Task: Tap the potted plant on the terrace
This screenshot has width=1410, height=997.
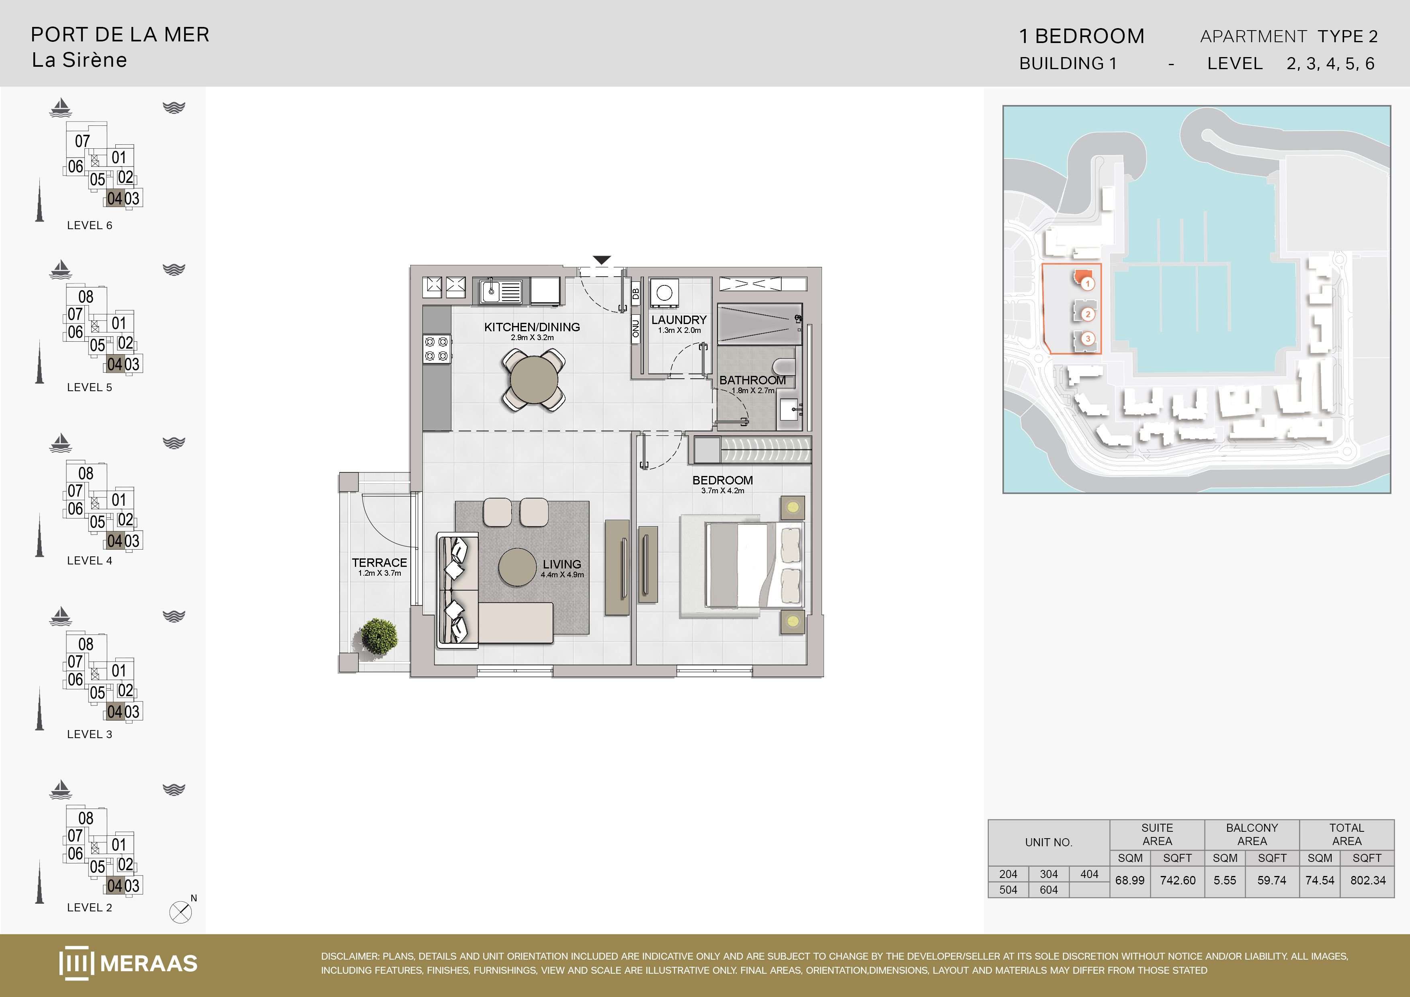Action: pyautogui.click(x=379, y=636)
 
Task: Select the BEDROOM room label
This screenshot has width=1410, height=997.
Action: pyautogui.click(x=722, y=480)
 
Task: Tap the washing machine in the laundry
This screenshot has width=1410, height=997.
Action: pyautogui.click(x=664, y=293)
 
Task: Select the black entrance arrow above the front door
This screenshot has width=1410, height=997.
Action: pyautogui.click(x=602, y=260)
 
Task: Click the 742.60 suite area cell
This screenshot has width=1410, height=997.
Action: pyautogui.click(x=1177, y=880)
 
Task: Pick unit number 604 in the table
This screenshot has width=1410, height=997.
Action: pyautogui.click(x=1049, y=890)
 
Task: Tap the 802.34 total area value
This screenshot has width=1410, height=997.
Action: pyautogui.click(x=1368, y=880)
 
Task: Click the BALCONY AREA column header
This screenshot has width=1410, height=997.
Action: pyautogui.click(x=1252, y=834)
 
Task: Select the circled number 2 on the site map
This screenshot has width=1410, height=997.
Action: pyautogui.click(x=1088, y=314)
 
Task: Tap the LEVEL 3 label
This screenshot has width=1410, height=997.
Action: pyautogui.click(x=90, y=734)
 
